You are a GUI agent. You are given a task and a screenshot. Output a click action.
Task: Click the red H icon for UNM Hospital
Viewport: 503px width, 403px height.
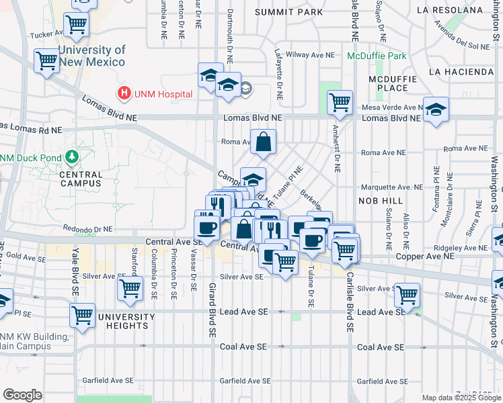click(x=124, y=93)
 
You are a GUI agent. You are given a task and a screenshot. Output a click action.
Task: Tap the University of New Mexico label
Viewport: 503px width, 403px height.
click(x=91, y=56)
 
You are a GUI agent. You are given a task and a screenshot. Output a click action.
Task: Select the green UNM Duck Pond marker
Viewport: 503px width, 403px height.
click(x=72, y=158)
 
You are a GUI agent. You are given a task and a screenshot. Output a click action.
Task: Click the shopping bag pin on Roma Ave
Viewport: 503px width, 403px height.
click(x=263, y=142)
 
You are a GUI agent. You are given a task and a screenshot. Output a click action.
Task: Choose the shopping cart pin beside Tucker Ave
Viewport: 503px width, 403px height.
click(x=77, y=26)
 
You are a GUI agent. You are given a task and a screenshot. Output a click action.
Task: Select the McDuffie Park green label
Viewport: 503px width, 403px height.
click(x=377, y=56)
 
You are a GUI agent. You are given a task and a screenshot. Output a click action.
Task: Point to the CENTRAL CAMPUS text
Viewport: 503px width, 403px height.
click(x=81, y=179)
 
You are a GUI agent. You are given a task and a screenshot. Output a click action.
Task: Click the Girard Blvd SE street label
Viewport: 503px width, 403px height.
click(x=212, y=309)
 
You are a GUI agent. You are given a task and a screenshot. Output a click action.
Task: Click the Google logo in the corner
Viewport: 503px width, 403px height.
click(x=22, y=395)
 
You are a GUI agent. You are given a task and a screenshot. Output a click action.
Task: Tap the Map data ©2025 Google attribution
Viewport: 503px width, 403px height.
click(x=461, y=398)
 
